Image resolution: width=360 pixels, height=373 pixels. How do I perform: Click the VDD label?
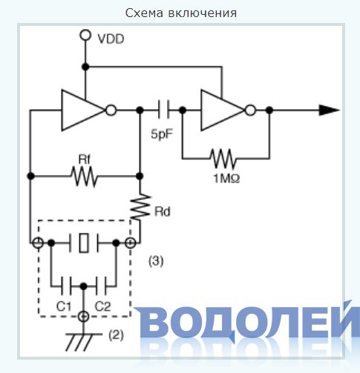[111, 39]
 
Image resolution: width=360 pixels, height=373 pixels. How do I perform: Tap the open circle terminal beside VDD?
[85, 35]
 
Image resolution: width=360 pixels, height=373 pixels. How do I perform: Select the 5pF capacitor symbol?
[164, 109]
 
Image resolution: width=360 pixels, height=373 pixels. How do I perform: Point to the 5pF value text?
[162, 134]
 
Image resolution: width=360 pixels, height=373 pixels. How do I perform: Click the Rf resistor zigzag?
[85, 176]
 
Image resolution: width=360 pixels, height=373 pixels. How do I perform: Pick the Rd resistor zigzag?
[140, 207]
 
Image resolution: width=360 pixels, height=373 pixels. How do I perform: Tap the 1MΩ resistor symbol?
[223, 159]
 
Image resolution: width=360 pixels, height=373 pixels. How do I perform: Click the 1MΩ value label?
[226, 179]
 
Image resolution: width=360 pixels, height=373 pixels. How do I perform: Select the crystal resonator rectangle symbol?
[84, 242]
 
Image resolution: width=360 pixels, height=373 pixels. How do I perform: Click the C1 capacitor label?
[64, 306]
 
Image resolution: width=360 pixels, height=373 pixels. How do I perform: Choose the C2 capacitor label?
[102, 306]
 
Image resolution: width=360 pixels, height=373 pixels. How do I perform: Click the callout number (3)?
[156, 261]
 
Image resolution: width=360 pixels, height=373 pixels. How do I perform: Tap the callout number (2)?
[116, 335]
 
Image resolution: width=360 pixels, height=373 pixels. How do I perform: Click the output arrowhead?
[329, 110]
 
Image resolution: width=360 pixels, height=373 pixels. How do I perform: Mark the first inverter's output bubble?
[111, 110]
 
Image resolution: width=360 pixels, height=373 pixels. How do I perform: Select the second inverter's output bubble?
[250, 110]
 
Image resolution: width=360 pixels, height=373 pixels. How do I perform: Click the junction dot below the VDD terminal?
[85, 67]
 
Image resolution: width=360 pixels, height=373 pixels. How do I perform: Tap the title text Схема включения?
[181, 13]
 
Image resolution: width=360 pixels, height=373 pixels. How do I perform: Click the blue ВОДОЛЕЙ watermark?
[247, 321]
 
